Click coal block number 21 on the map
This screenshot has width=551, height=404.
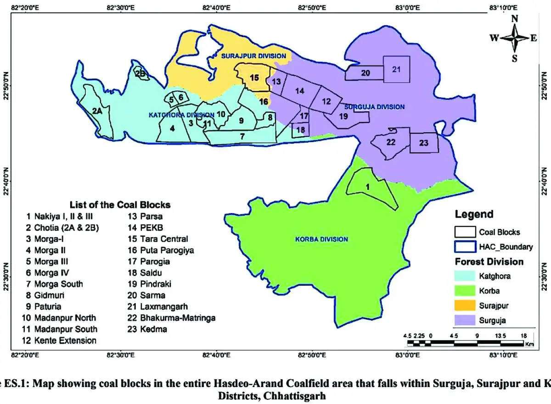[397, 69]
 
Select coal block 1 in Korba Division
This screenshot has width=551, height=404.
[368, 187]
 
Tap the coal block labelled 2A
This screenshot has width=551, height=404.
[96, 111]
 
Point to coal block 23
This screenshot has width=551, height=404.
[423, 143]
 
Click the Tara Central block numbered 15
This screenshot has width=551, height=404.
[254, 77]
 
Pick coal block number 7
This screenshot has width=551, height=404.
[242, 136]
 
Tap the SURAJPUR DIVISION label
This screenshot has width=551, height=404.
[254, 56]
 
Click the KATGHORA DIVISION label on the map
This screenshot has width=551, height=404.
[181, 115]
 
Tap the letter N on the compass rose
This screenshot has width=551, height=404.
[515, 19]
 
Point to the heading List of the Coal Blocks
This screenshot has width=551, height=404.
[120, 205]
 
